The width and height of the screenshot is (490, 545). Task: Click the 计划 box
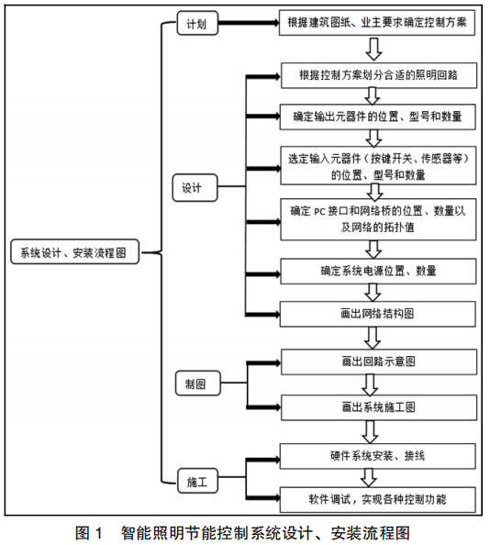197,23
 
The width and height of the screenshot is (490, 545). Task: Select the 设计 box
195,188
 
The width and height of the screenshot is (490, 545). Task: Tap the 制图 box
197,383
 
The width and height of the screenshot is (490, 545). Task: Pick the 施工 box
197,481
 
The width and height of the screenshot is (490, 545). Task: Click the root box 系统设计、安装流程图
74,251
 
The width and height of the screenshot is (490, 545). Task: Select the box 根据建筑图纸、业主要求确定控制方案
377,23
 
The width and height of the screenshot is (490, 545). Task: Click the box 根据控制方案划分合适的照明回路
379,75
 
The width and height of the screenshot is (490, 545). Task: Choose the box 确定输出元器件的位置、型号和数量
378,117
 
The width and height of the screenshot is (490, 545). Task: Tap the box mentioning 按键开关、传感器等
378,165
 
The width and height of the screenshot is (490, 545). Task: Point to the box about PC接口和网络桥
378,219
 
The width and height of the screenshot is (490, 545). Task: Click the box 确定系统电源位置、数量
378,271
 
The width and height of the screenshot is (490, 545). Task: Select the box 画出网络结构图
378,314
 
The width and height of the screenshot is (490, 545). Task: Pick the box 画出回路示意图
379,361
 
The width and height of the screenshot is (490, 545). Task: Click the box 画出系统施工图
379,407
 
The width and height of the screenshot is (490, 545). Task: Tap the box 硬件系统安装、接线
378,456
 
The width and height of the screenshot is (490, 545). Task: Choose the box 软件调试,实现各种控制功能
378,500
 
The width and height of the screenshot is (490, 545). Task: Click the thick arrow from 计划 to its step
249,23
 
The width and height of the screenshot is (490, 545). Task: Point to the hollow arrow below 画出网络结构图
373,339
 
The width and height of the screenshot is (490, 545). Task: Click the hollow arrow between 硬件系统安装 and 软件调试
369,478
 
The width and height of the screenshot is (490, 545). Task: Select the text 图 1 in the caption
89,533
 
